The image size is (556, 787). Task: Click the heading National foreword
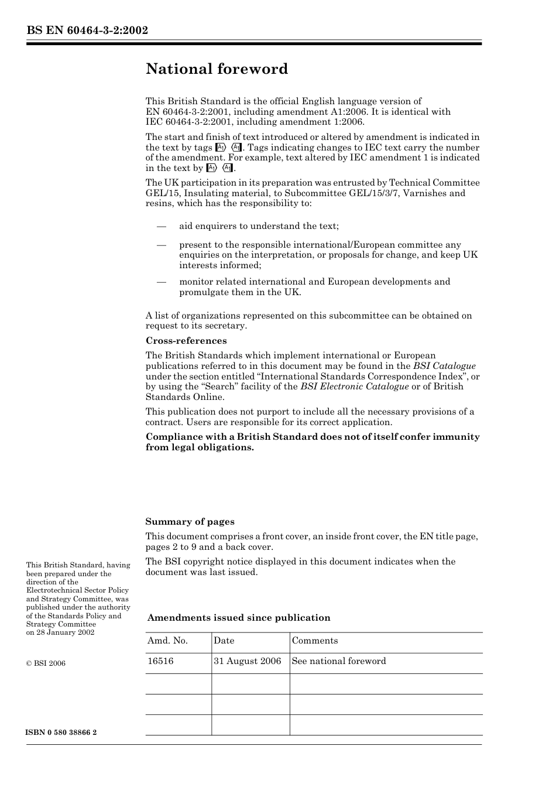pos(217,69)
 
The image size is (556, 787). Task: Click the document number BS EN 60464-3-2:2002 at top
pos(87,30)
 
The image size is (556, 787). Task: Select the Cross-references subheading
pos(186,341)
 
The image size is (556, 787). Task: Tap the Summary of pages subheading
pos(190,522)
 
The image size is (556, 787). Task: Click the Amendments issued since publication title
pos(239,618)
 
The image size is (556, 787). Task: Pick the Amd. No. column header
pos(167,641)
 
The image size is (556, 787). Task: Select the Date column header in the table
pos(224,641)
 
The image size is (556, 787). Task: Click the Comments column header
pos(315,641)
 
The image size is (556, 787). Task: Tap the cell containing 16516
pos(160,661)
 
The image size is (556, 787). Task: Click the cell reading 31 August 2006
pos(248,661)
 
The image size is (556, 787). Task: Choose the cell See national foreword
pos(339,661)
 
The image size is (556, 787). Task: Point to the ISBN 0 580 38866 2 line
pos(61,733)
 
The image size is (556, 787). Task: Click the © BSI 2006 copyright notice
pos(46,663)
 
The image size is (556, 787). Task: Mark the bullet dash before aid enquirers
pos(162,226)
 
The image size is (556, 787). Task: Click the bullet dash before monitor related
pos(162,282)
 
